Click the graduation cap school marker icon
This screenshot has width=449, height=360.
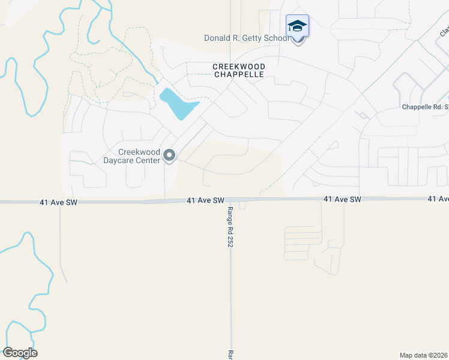[297, 26]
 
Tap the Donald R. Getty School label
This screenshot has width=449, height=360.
[246, 38]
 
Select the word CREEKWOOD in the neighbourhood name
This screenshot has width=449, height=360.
[238, 67]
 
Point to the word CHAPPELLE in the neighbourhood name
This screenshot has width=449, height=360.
[238, 75]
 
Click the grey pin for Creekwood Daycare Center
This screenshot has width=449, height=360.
[169, 156]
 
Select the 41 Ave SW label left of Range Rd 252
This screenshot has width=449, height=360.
[205, 200]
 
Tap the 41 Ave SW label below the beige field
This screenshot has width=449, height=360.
[342, 199]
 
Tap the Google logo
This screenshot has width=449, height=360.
[20, 353]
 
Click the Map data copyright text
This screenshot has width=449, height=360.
[424, 355]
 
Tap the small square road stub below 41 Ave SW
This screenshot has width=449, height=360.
[242, 205]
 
